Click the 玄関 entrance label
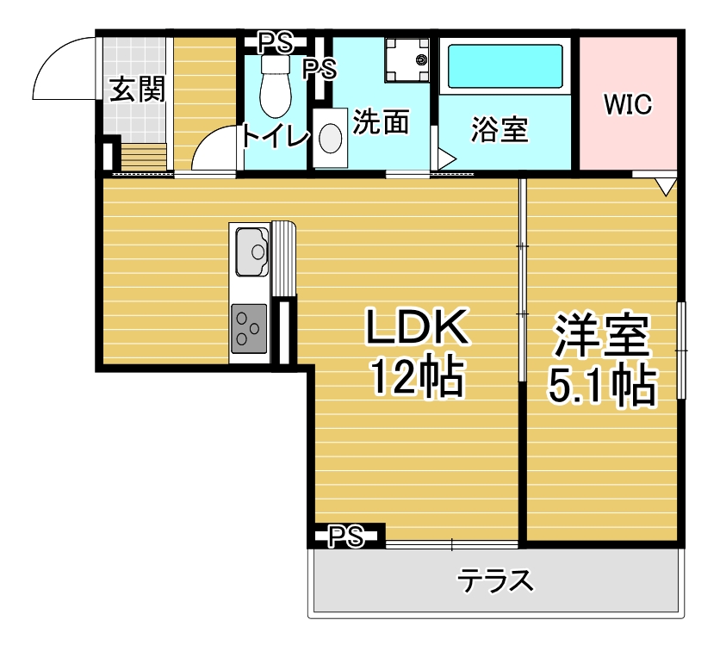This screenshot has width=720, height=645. pos(137,89)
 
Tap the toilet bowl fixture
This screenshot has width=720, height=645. pos(276,85)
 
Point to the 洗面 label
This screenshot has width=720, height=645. pos(381,122)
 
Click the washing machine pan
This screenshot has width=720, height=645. pos(407,60)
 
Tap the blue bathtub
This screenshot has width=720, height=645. pos(505,66)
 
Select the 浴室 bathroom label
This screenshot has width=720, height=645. pos(500,129)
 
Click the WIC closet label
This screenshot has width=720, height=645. pos(628,104)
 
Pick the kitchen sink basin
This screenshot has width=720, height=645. pos(251,251)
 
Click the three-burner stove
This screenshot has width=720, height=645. pos(249,329)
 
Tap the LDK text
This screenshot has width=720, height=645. pos(417,327)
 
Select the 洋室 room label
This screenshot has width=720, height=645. pos(602,336)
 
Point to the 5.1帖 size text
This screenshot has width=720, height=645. pos(602,385)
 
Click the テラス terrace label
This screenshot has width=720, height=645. pos(495,580)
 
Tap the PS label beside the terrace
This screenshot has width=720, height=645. pos(345,536)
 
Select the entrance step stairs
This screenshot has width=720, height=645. pos(144,157)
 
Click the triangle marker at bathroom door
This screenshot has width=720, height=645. pos(446,160)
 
